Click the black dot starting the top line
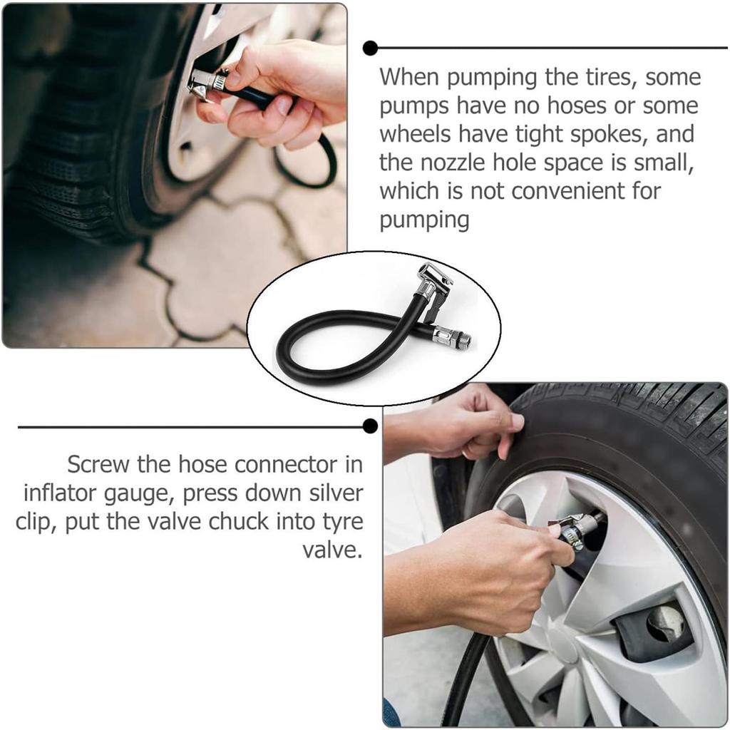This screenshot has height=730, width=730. click(370, 48)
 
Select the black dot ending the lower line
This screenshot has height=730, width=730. click(370, 426)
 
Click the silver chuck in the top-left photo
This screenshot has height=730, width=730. click(207, 84)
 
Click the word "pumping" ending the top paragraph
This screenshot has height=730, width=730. click(423, 220)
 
